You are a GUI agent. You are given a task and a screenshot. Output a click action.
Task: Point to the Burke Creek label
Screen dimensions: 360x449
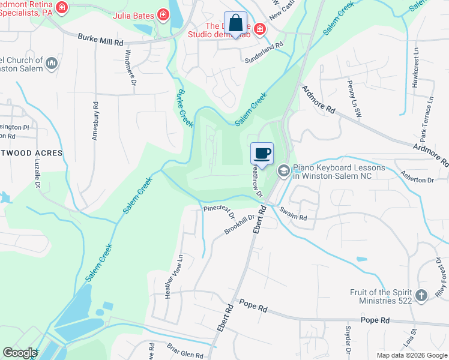tap(184, 107)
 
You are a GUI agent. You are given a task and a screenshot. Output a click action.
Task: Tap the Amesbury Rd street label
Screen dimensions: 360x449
tap(95, 121)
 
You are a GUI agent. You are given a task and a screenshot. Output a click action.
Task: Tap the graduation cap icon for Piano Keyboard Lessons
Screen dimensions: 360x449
tap(283, 171)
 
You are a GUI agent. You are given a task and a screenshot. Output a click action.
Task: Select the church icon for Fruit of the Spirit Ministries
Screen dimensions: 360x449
tap(422, 295)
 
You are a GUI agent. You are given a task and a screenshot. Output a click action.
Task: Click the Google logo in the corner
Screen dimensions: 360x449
tap(19, 353)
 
